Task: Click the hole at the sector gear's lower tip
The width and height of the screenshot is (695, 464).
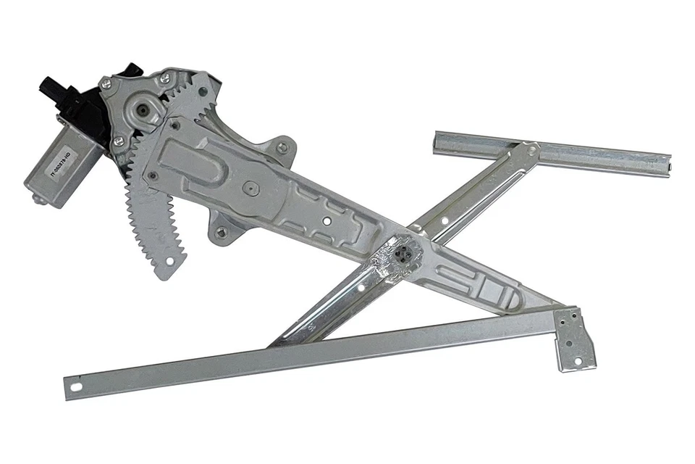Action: click(x=170, y=260)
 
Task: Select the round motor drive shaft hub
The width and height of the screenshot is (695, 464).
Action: click(x=142, y=111)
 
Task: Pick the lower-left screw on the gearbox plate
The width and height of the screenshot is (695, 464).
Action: click(x=117, y=140)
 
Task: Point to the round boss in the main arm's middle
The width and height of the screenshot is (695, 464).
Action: click(x=251, y=187)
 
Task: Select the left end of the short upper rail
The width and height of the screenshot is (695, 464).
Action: click(x=441, y=141)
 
